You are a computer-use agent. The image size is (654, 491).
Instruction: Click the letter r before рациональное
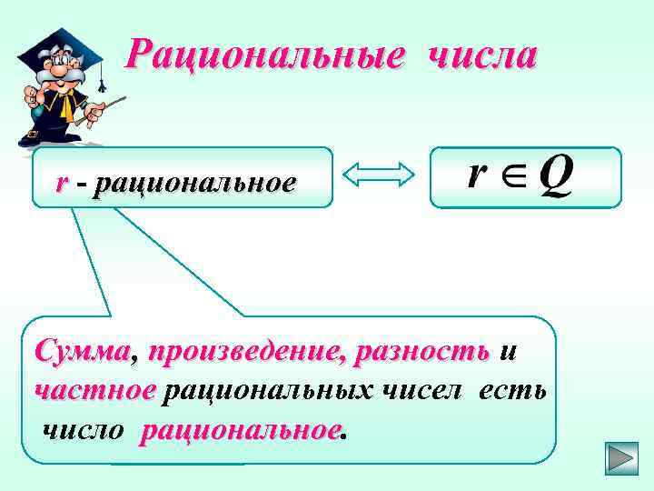[x=61, y=183]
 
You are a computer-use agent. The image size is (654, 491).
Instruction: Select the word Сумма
[x=82, y=351]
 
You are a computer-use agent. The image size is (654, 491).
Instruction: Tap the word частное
[x=94, y=390]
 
